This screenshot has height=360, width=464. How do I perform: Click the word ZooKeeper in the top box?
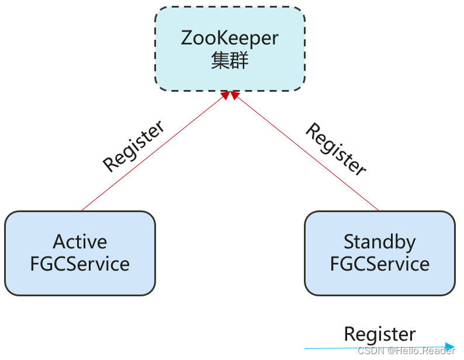[x=230, y=39]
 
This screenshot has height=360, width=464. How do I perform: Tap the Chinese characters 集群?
[x=230, y=61]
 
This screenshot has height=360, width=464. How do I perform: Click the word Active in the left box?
[x=80, y=241]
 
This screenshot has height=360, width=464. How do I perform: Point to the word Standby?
[x=380, y=241]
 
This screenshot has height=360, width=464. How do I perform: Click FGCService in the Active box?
[x=80, y=264]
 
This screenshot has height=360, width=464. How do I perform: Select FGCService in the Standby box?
[x=380, y=264]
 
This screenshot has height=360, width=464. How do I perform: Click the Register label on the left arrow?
[x=133, y=146]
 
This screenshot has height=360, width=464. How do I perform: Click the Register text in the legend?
[x=380, y=334]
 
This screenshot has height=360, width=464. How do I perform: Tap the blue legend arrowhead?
[x=449, y=347]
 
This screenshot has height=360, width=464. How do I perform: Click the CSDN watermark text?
[x=369, y=351]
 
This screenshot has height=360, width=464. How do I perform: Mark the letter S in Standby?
[x=349, y=241]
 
